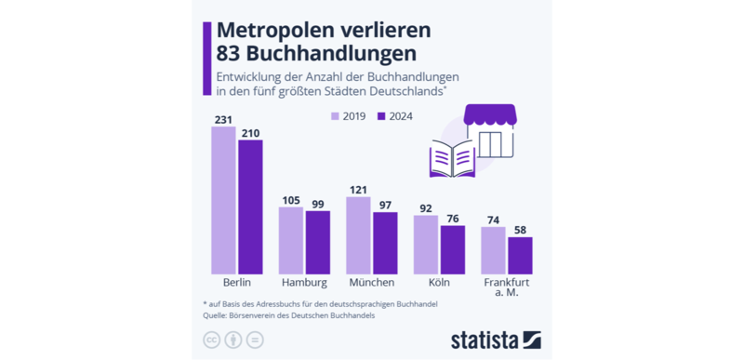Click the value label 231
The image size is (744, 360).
[223, 120]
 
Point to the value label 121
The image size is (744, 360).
[358, 190]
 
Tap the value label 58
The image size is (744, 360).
[520, 230]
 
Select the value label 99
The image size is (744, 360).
[318, 204]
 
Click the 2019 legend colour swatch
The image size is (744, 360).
[336, 116]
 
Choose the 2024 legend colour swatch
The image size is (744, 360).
[382, 116]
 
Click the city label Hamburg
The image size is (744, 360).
[304, 283]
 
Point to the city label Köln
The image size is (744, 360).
[439, 283]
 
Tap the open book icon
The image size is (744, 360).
[452, 158]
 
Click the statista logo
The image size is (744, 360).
[496, 339]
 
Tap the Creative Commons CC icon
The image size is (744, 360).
[211, 340]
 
